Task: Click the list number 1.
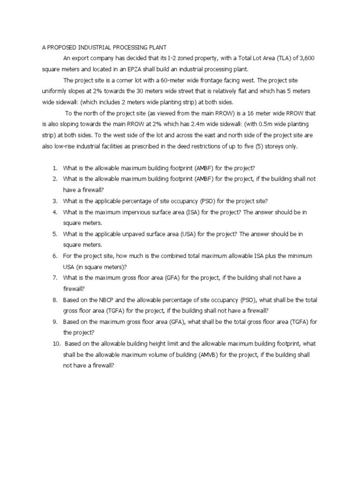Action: click(55, 168)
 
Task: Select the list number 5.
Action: click(55, 233)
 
